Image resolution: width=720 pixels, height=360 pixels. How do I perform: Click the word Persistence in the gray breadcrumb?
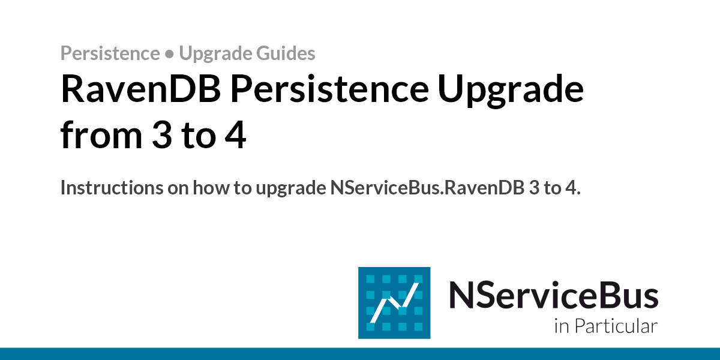tap(110, 53)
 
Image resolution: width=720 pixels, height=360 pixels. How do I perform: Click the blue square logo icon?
tap(394, 302)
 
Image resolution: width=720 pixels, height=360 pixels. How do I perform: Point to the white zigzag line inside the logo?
tap(394, 304)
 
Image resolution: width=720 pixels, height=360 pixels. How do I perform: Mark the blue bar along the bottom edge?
tap(360, 353)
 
